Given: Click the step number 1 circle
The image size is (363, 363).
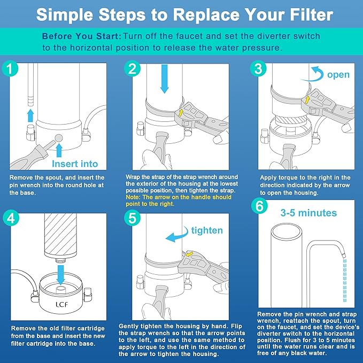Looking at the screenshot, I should point(9,68).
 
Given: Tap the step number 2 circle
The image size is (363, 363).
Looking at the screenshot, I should point(132,68).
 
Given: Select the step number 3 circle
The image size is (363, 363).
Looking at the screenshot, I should point(258,68).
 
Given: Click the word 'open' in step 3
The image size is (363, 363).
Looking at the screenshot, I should point(338,74).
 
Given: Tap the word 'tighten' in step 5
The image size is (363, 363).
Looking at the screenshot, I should point(207,230).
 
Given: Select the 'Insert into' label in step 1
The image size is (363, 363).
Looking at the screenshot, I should point(75,163).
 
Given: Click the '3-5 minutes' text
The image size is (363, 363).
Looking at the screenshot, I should point(308,213).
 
